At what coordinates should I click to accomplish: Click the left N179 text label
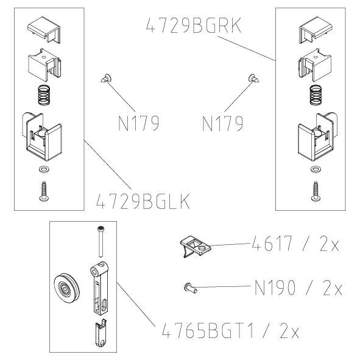[x=138, y=123]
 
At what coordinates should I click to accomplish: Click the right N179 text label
[x=222, y=123]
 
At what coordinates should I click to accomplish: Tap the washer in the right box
[x=316, y=168]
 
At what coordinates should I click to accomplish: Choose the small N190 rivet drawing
[x=189, y=287]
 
